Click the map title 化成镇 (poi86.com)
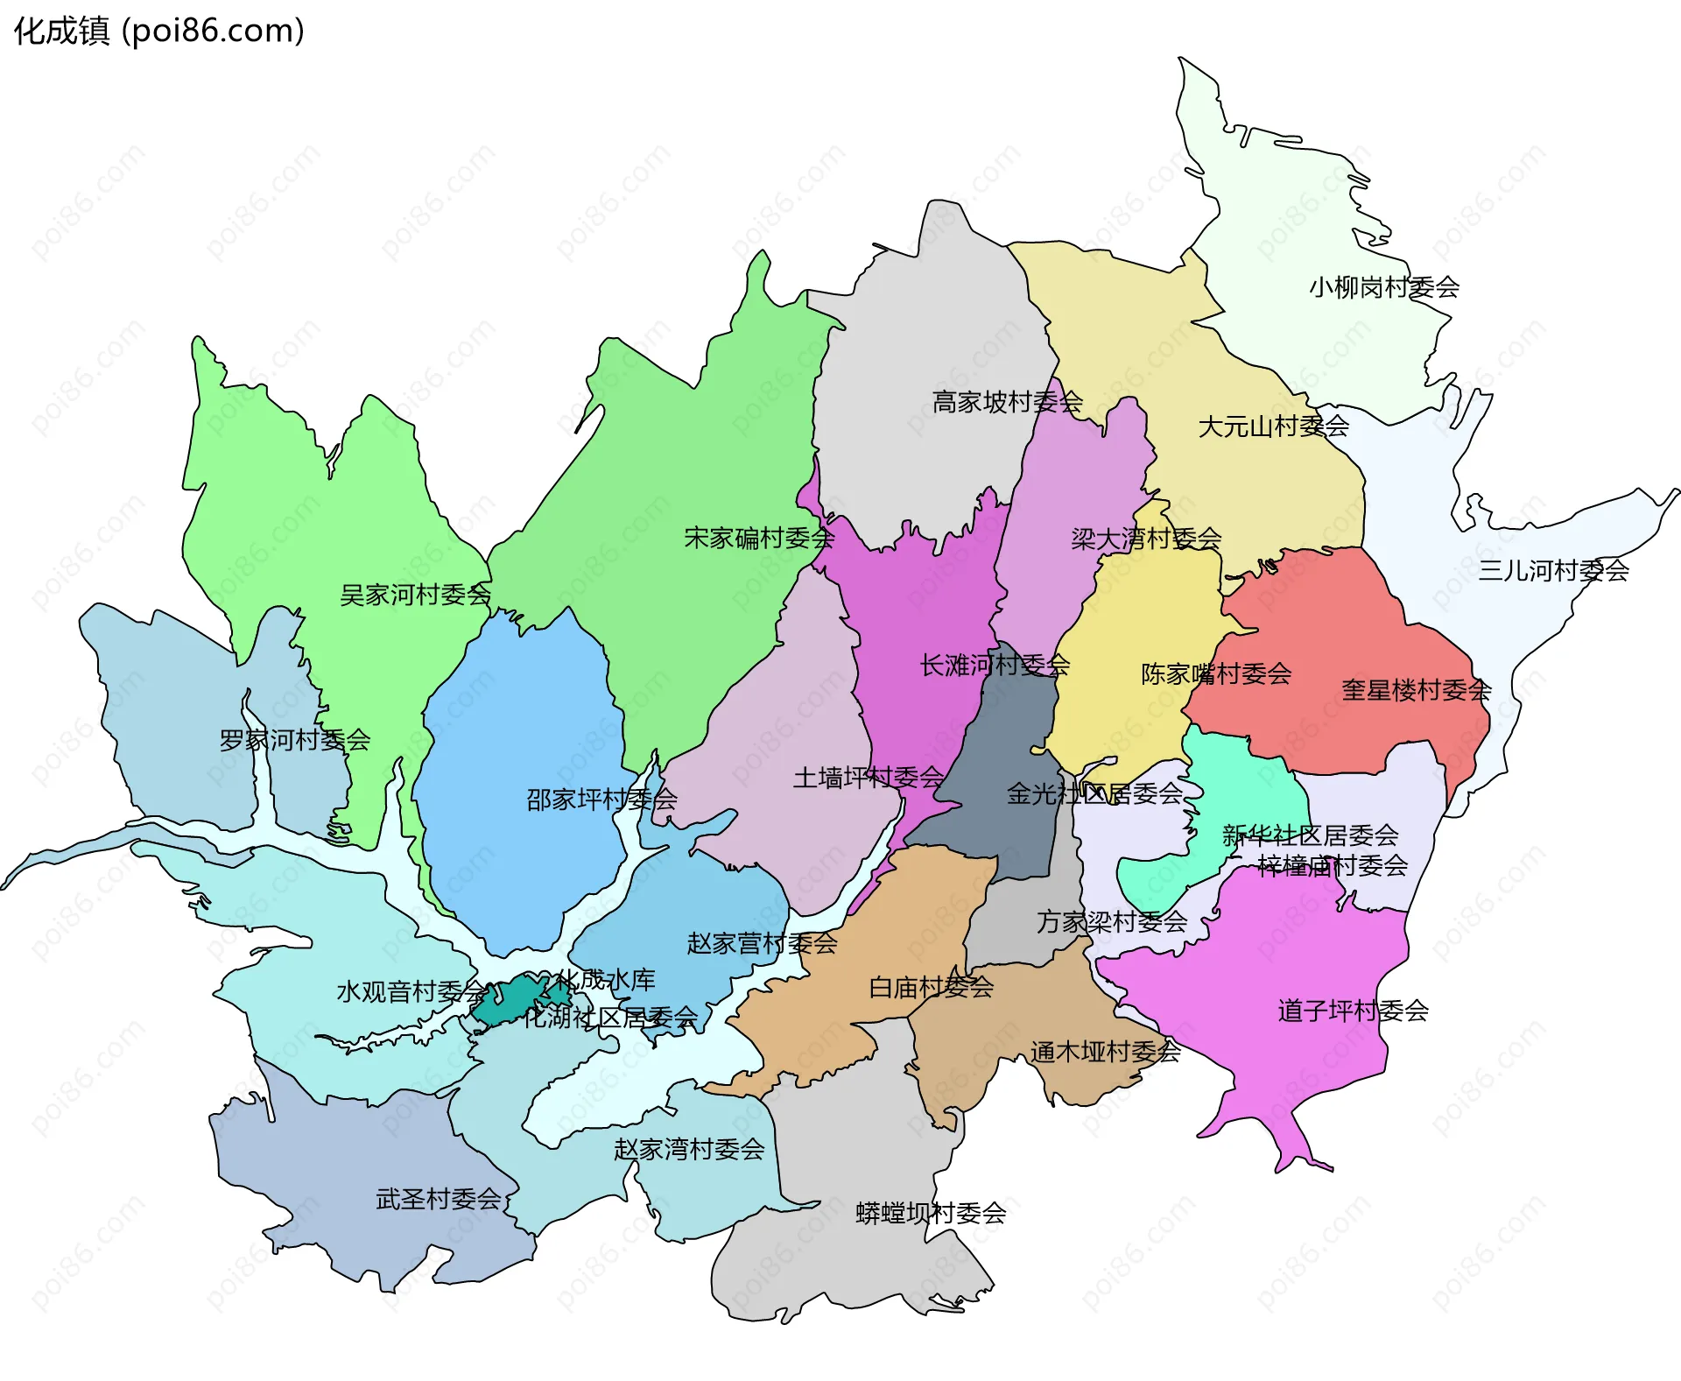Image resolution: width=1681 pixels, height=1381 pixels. click(158, 31)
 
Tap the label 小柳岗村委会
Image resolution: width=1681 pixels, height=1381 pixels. click(1384, 287)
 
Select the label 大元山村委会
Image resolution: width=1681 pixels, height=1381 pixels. click(1273, 426)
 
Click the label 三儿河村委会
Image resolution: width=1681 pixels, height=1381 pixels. click(1553, 571)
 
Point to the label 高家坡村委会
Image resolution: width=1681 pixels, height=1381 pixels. click(1007, 402)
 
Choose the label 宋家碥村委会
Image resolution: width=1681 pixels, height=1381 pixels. click(759, 538)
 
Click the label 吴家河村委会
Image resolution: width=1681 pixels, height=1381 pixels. click(415, 595)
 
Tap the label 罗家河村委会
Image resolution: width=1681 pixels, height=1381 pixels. click(294, 741)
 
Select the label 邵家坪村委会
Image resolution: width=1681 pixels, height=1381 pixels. click(601, 800)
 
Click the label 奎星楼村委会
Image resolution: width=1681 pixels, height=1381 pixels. click(1416, 690)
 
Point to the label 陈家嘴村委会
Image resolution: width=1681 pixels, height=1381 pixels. click(1216, 674)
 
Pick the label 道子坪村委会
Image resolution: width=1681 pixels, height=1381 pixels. click(1353, 1011)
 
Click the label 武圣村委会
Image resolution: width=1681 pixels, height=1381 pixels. click(438, 1199)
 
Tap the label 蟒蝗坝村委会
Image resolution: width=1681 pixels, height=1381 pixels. click(931, 1214)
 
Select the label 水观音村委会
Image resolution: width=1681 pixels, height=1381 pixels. click(411, 992)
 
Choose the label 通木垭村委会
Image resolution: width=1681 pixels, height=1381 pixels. click(1105, 1052)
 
